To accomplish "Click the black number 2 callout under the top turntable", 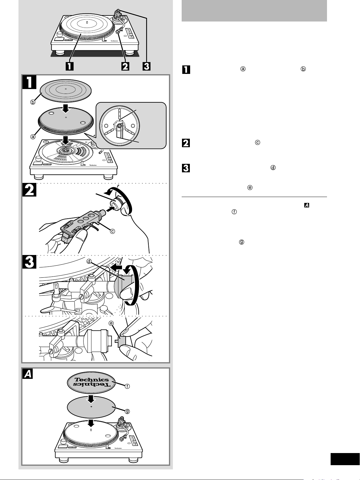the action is pyautogui.click(x=125, y=66).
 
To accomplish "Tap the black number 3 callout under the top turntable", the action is pyautogui.click(x=147, y=66).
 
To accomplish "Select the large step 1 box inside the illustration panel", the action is pyautogui.click(x=30, y=82).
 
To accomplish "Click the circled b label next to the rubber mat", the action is pyautogui.click(x=32, y=102).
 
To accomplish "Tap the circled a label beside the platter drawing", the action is pyautogui.click(x=32, y=136).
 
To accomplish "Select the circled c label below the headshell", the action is pyautogui.click(x=112, y=231).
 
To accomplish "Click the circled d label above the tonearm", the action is pyautogui.click(x=89, y=261).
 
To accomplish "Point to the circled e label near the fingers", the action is pyautogui.click(x=111, y=323).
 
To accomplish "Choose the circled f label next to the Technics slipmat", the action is pyautogui.click(x=127, y=386).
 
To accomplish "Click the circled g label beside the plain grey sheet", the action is pyautogui.click(x=127, y=411).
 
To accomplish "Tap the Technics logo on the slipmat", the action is pyautogui.click(x=91, y=380).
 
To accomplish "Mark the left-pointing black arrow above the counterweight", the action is pyautogui.click(x=117, y=268).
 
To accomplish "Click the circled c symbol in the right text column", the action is pyautogui.click(x=258, y=142).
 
